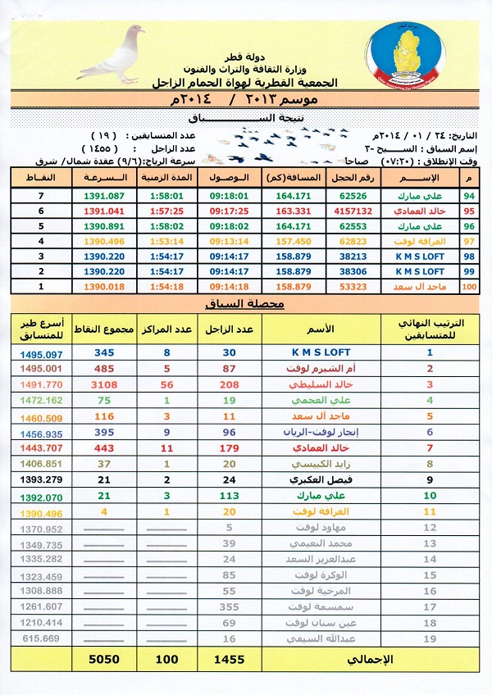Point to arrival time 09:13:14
tap(230, 241)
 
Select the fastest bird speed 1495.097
tap(38, 352)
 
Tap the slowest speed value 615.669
tap(38, 638)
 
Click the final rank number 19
tap(428, 638)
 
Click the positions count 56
tap(167, 383)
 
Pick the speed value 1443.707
tap(38, 449)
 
